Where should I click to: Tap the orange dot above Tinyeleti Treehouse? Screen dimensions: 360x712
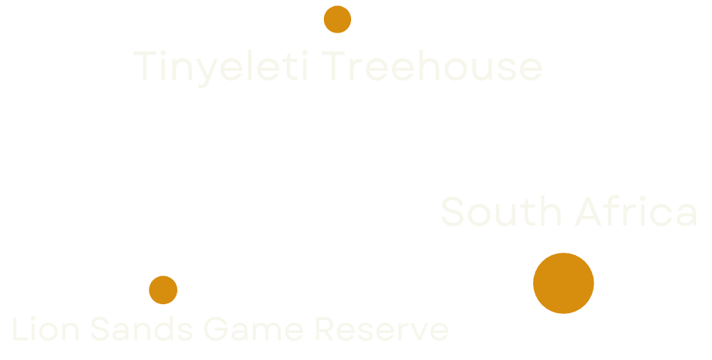tap(337, 20)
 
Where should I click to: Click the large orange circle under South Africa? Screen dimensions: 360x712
tap(563, 283)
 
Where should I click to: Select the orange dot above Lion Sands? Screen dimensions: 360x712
tap(163, 290)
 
